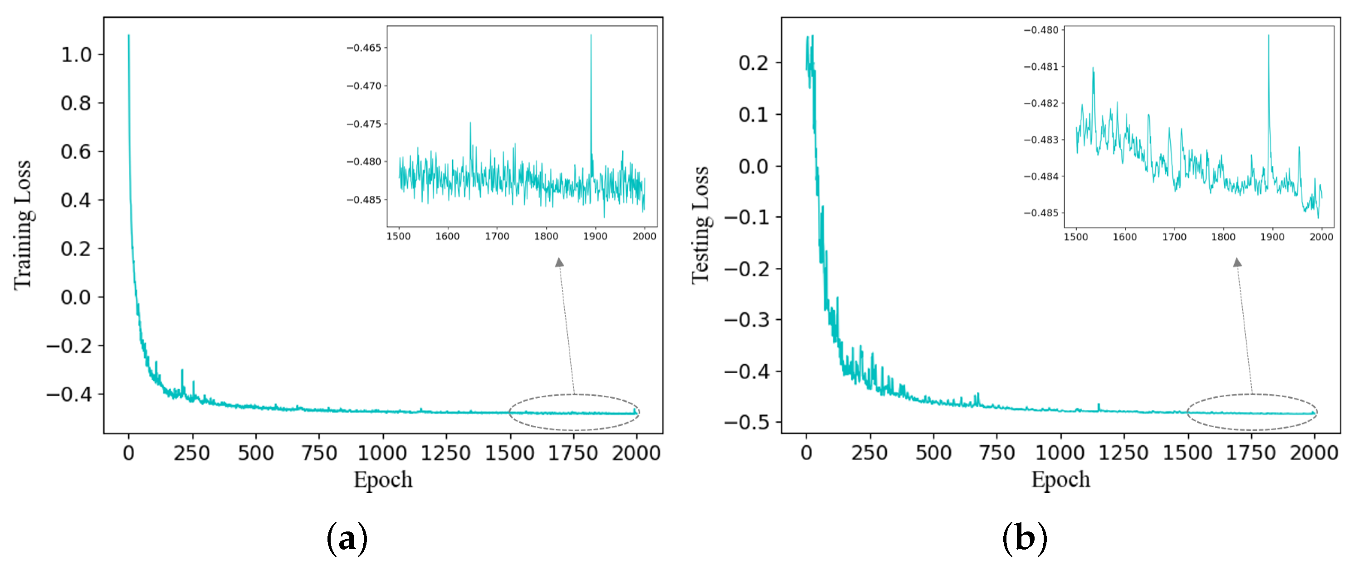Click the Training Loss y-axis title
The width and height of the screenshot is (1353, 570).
pyautogui.click(x=23, y=225)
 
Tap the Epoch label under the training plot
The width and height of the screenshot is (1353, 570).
pyautogui.click(x=383, y=480)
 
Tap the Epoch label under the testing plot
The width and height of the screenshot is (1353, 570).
pyautogui.click(x=1060, y=480)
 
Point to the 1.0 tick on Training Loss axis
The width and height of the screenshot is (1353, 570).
pyautogui.click(x=76, y=54)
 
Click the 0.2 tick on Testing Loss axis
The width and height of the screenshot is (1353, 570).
pyautogui.click(x=753, y=63)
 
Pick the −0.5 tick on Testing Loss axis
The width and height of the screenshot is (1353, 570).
pyautogui.click(x=747, y=422)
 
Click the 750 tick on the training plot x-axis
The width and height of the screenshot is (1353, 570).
pyautogui.click(x=319, y=453)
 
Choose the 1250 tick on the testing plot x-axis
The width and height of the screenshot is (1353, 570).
pyautogui.click(x=1124, y=453)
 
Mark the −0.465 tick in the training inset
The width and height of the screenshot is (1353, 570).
pyautogui.click(x=364, y=48)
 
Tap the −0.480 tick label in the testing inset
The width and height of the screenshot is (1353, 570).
pyautogui.click(x=1041, y=30)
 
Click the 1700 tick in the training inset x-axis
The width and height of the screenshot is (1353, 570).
pyautogui.click(x=497, y=236)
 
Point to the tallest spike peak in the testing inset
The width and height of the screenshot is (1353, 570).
pyautogui.click(x=1269, y=36)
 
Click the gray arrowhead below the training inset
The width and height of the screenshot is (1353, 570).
pyautogui.click(x=559, y=262)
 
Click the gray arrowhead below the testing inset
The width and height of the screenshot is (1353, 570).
pyautogui.click(x=1237, y=262)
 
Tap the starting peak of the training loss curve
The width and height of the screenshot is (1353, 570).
pyautogui.click(x=129, y=36)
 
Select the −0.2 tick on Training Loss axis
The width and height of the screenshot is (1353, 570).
pyautogui.click(x=69, y=346)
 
